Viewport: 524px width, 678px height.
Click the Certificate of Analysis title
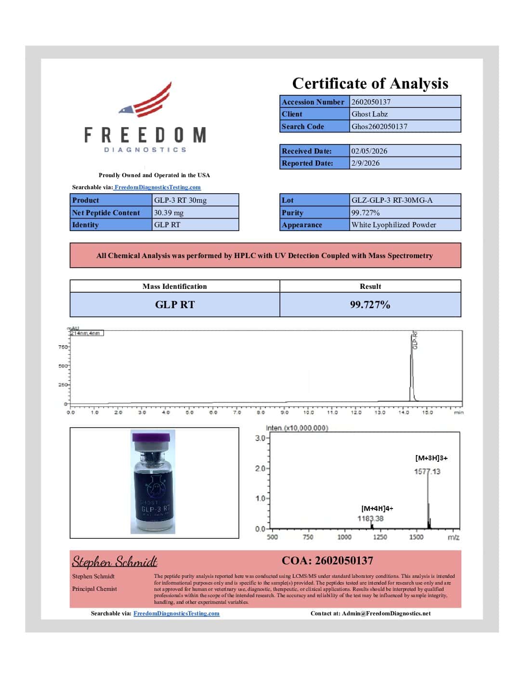pyautogui.click(x=370, y=84)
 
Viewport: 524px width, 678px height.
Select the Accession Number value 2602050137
pyautogui.click(x=371, y=102)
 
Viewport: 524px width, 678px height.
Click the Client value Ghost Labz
pyautogui.click(x=369, y=114)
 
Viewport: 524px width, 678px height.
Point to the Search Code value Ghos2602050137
pyautogui.click(x=379, y=127)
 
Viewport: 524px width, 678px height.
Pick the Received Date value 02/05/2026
pyautogui.click(x=369, y=151)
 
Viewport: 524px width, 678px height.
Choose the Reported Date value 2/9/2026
pyautogui.click(x=365, y=163)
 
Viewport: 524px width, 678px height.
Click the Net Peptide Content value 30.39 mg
pyautogui.click(x=169, y=213)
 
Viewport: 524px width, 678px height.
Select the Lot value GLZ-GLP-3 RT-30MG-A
pyautogui.click(x=392, y=200)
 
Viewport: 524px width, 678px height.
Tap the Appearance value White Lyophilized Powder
pyautogui.click(x=393, y=225)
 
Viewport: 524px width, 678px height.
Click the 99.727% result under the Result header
pyautogui.click(x=370, y=305)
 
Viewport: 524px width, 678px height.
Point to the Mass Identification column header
pyautogui.click(x=174, y=287)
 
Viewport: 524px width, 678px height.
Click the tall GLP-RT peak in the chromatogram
pyautogui.click(x=411, y=366)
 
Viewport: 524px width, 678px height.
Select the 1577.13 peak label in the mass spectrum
pyautogui.click(x=427, y=471)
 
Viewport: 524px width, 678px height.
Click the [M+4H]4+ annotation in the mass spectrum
pyautogui.click(x=377, y=508)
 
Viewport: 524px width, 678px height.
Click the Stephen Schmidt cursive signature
pyautogui.click(x=115, y=562)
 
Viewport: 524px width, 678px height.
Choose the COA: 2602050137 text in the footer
pyautogui.click(x=327, y=561)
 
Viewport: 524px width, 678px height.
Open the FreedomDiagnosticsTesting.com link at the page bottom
pyautogui.click(x=176, y=613)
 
